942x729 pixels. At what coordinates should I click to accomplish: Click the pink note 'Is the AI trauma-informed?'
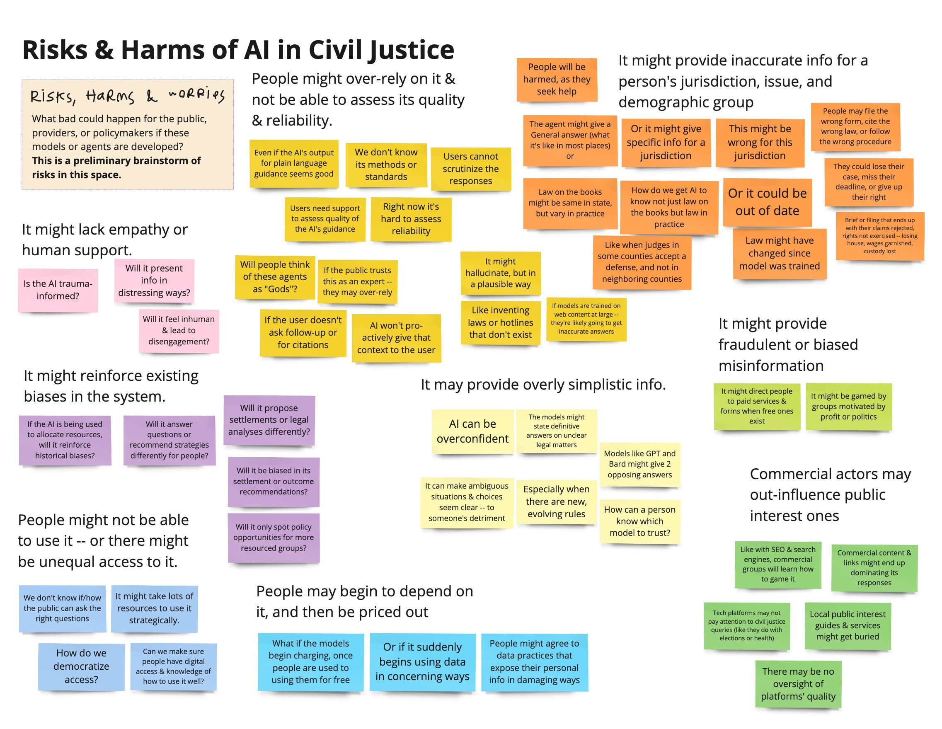tap(58, 290)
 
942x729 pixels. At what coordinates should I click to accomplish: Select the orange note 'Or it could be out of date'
tap(767, 202)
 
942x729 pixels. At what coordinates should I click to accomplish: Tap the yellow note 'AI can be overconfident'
tap(472, 431)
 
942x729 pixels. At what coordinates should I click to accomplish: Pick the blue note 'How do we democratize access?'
tap(81, 666)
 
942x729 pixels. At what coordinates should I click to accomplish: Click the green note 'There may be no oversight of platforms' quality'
tap(798, 684)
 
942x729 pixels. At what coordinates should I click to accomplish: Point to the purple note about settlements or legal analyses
tap(269, 420)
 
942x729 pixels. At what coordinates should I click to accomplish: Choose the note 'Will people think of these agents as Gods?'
tap(275, 277)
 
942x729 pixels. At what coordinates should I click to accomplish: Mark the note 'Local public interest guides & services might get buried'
tap(847, 625)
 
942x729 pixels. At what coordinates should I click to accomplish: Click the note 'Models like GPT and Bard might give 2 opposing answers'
tap(639, 464)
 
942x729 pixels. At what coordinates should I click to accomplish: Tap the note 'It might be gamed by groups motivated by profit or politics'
tap(848, 406)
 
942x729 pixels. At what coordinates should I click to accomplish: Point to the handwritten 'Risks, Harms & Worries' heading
tap(127, 96)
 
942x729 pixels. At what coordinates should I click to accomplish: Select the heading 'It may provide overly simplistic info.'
tap(543, 384)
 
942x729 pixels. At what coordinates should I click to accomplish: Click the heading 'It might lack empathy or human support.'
tap(105, 240)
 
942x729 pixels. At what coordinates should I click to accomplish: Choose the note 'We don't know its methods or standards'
tap(386, 165)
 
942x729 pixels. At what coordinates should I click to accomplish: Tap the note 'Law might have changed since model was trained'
tap(780, 253)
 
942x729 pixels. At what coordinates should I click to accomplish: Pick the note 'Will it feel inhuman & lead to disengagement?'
tap(179, 330)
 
